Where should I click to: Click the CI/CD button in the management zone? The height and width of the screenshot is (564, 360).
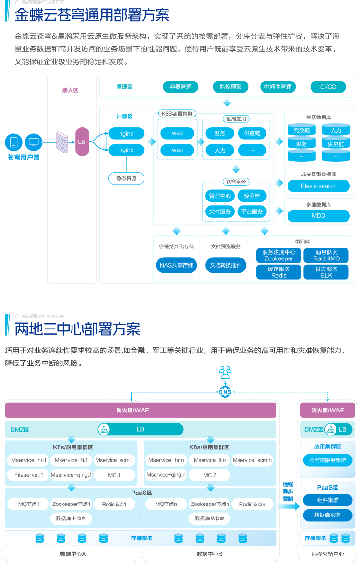coord(328,87)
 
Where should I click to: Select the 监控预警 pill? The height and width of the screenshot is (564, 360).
coord(230,87)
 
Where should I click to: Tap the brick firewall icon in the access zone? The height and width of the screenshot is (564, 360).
coord(61,142)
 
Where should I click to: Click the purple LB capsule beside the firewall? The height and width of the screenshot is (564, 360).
coord(82,142)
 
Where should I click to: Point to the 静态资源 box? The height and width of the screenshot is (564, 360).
coord(126,178)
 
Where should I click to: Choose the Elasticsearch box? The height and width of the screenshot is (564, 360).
coord(319,186)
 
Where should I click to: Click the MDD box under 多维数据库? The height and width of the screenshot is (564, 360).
coord(319,216)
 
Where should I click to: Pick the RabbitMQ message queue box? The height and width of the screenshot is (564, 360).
coord(326,255)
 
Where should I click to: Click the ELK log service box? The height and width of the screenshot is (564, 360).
coord(326,272)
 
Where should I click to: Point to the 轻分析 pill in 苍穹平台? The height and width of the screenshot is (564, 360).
coord(252,196)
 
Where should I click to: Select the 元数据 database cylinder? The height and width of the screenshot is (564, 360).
coord(301,130)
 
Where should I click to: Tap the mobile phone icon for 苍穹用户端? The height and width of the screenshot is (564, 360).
coord(14,142)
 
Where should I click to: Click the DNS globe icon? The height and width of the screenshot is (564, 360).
coord(225,391)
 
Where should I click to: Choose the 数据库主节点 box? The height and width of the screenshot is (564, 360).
coord(71,518)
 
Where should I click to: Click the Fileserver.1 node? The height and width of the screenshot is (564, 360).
coord(25,475)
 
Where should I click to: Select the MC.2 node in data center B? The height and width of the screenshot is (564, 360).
coord(210,475)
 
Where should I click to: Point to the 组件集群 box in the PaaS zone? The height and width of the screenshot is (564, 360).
coord(328,500)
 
